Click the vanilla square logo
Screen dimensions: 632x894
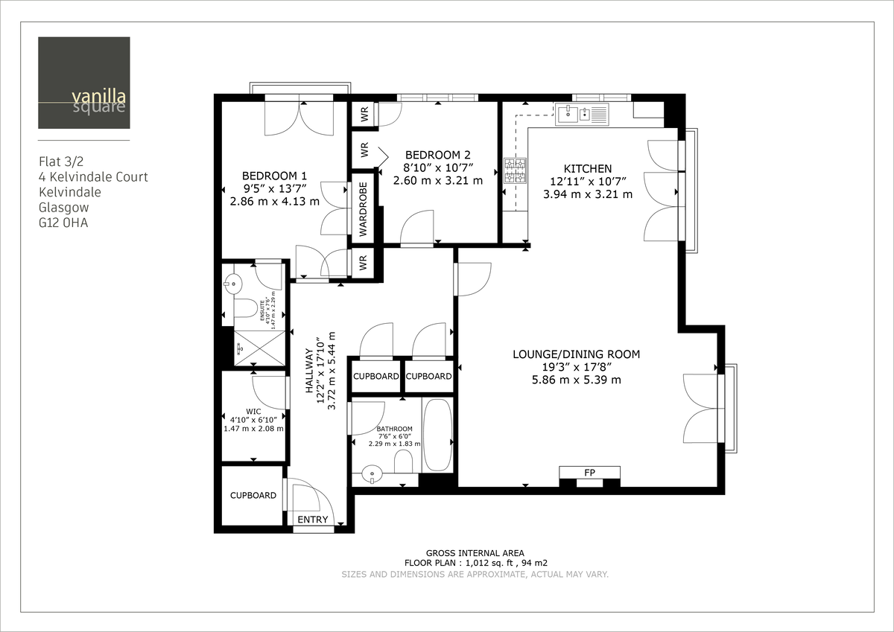pyautogui.click(x=83, y=83)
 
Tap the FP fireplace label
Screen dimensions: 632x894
pyautogui.click(x=589, y=472)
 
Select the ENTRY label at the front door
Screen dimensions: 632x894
pyautogui.click(x=313, y=520)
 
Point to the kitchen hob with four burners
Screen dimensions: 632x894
pyautogui.click(x=514, y=170)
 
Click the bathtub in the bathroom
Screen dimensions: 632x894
pyautogui.click(x=437, y=435)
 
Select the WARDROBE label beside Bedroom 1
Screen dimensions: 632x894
pyautogui.click(x=364, y=209)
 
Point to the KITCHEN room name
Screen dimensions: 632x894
pyautogui.click(x=588, y=169)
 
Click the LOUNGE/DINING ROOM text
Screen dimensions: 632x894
pyautogui.click(x=576, y=354)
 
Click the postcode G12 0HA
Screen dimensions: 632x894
pyautogui.click(x=63, y=223)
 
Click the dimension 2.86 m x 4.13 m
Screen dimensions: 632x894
pyautogui.click(x=274, y=201)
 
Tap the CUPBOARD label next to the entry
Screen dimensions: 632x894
pyautogui.click(x=253, y=495)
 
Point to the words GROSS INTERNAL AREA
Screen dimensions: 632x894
pyautogui.click(x=475, y=553)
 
